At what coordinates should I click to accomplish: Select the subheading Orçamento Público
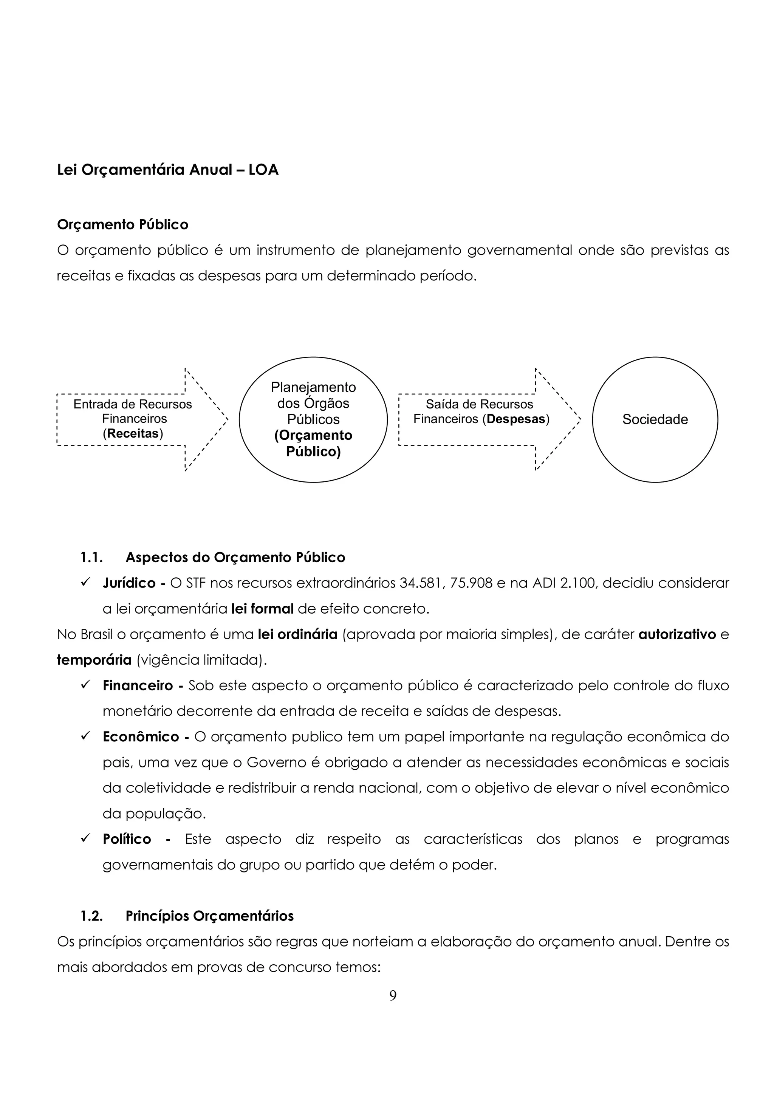pyautogui.click(x=122, y=224)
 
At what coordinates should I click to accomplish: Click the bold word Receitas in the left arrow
pyautogui.click(x=133, y=433)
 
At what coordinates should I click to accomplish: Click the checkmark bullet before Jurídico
pyautogui.click(x=86, y=582)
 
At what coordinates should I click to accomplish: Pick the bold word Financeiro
pyautogui.click(x=138, y=685)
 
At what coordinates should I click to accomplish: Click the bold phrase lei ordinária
pyautogui.click(x=297, y=634)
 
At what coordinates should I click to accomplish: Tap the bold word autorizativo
pyautogui.click(x=677, y=634)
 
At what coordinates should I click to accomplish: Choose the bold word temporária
pyautogui.click(x=94, y=660)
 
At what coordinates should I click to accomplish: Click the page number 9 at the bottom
pyautogui.click(x=393, y=996)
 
